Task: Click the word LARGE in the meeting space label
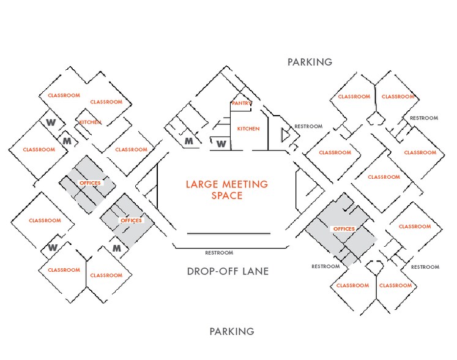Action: (202, 184)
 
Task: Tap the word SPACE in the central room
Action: (227, 196)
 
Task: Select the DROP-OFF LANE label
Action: (228, 271)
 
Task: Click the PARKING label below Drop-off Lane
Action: (232, 332)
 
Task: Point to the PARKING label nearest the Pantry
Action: (310, 62)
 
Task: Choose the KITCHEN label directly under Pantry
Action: (248, 129)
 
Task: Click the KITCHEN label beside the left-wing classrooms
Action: (90, 122)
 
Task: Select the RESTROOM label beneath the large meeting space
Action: (219, 253)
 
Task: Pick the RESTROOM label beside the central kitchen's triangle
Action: (308, 127)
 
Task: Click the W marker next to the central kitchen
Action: (221, 144)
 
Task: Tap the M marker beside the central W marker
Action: (190, 142)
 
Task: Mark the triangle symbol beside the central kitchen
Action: (284, 134)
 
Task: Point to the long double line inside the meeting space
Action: (228, 233)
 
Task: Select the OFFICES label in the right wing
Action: (343, 229)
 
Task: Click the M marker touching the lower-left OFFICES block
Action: (117, 248)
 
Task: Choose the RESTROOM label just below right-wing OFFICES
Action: (325, 266)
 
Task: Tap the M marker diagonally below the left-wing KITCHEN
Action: (67, 142)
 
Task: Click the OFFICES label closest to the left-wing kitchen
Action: (90, 183)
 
